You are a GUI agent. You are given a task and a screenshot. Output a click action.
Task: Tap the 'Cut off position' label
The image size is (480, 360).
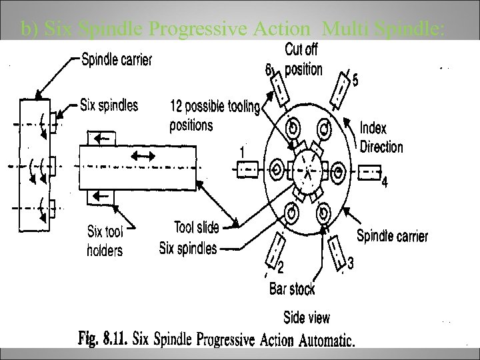click(x=303, y=59)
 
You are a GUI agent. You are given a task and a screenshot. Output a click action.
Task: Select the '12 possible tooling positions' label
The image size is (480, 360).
click(x=215, y=115)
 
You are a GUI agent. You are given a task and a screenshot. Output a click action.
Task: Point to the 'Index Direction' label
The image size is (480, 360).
click(x=381, y=137)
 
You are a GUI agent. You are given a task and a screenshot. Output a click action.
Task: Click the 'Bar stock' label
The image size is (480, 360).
click(x=292, y=288)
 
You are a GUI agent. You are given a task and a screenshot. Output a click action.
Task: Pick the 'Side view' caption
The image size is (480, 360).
click(x=306, y=317)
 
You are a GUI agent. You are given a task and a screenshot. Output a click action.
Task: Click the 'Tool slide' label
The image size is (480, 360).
click(x=196, y=227)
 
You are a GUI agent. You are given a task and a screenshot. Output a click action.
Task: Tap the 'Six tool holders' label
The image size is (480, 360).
click(x=106, y=241)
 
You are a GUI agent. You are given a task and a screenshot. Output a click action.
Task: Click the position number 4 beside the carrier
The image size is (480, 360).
click(x=384, y=183)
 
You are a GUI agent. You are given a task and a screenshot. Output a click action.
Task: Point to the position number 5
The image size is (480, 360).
click(x=355, y=81)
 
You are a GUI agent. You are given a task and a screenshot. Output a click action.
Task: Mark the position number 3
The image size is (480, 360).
click(x=351, y=264)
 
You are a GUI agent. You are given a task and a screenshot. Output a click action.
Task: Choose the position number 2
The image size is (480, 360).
click(x=281, y=269)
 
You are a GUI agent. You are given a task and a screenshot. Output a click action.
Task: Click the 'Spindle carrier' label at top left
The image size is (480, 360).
click(x=116, y=60)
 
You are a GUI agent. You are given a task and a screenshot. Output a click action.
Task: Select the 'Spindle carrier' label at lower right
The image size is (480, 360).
click(x=392, y=235)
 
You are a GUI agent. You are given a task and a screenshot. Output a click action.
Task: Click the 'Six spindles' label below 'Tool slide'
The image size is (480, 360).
click(x=188, y=249)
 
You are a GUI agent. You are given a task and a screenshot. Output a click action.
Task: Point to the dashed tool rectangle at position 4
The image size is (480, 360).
click(x=369, y=172)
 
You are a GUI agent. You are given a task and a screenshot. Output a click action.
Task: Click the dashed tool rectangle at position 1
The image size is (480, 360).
click(x=247, y=170)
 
